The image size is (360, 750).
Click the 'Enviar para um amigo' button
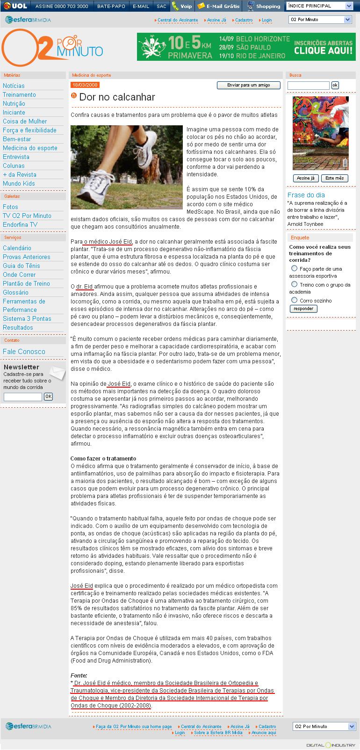coord(249,85)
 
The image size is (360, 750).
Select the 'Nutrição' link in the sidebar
coord(14,104)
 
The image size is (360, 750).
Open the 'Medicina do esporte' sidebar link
coord(30,148)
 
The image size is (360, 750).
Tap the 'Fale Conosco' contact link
coord(24,352)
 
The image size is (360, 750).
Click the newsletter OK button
coord(48,397)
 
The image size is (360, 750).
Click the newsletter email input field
coord(23,397)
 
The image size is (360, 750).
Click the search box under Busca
coord(308,86)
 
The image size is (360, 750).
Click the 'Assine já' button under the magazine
coord(306,178)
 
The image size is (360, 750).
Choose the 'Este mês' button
coord(334,178)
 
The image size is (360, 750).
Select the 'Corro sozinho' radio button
coord(295,300)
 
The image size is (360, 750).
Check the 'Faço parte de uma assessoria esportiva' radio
coord(295,268)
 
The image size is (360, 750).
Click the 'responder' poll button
coord(303,309)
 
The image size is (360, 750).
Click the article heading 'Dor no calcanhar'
coord(117,97)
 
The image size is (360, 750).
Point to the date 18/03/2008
coord(85,85)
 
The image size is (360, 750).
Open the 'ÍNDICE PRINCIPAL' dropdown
coord(320,6)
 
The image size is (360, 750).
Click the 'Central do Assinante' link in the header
coord(177,20)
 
